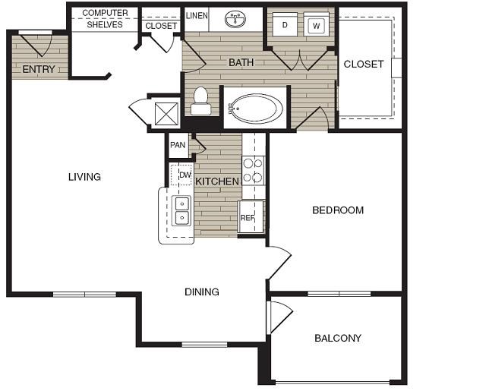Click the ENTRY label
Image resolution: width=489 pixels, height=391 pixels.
[x=39, y=69]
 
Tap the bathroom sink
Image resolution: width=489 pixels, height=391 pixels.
[x=235, y=19]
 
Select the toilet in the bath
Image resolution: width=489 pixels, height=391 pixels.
[x=200, y=101]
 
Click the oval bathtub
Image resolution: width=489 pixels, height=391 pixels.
[x=256, y=109]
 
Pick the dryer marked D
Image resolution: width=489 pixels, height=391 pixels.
[x=285, y=24]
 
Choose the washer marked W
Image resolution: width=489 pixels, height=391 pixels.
[x=316, y=24]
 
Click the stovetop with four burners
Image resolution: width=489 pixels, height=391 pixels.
[x=253, y=171]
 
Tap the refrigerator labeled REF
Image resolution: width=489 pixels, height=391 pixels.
[x=251, y=216]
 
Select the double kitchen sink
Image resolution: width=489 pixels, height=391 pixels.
[x=181, y=210]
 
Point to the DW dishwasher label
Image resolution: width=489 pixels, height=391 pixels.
[x=185, y=175]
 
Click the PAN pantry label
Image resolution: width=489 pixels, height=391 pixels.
[x=178, y=145]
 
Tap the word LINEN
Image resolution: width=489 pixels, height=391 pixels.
[x=197, y=16]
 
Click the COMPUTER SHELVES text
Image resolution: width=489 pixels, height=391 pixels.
[x=105, y=19]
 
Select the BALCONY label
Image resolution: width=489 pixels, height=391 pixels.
[x=338, y=338]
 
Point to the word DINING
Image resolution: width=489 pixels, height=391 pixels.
[x=202, y=292]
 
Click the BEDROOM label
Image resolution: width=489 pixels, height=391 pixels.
[x=338, y=210]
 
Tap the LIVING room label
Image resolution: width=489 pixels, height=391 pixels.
[x=84, y=177]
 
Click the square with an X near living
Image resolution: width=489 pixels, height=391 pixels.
[x=166, y=114]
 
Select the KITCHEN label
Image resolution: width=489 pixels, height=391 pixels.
[x=217, y=181]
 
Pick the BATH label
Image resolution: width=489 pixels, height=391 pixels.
[x=241, y=62]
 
